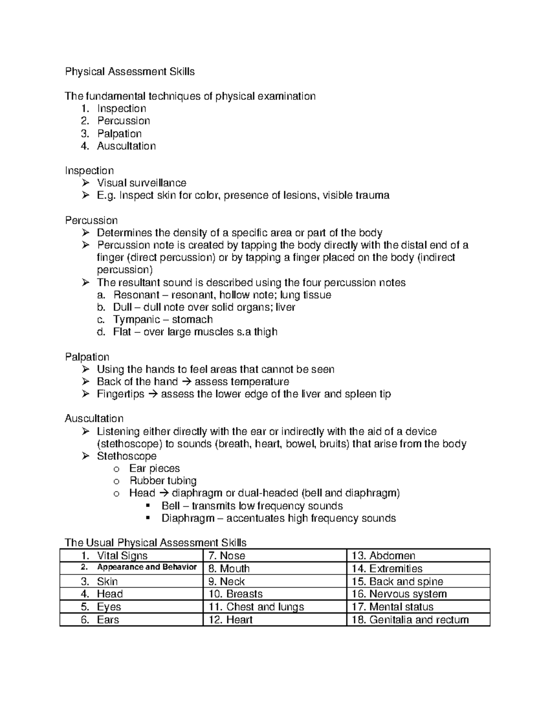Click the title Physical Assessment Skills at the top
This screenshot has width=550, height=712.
click(130, 72)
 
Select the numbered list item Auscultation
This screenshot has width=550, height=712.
click(126, 146)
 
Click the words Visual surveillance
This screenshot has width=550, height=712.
click(142, 183)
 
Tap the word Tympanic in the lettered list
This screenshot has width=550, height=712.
click(137, 320)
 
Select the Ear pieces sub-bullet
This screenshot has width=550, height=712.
click(154, 469)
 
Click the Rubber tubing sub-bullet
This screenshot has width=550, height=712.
click(163, 481)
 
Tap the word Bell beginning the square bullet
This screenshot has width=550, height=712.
click(170, 506)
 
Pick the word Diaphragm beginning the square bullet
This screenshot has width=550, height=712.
click(188, 519)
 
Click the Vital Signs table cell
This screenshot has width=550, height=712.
click(122, 556)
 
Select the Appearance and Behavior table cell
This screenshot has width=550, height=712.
click(147, 567)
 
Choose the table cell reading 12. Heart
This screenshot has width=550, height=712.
click(231, 620)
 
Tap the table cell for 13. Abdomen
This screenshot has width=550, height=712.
click(383, 556)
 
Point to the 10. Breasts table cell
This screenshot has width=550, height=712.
click(236, 594)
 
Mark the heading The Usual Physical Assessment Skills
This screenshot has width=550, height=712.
click(155, 543)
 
